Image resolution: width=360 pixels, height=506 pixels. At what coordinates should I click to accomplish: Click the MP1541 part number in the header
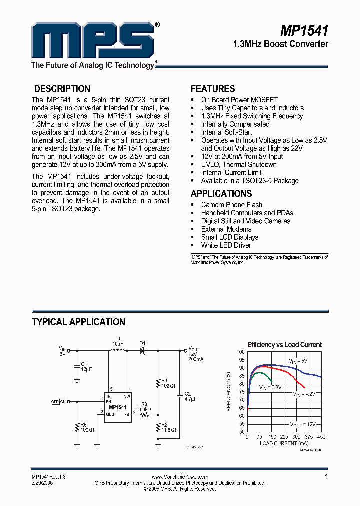pyautogui.click(x=304, y=31)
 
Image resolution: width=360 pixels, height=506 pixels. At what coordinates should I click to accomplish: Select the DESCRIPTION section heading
pyautogui.click(x=62, y=89)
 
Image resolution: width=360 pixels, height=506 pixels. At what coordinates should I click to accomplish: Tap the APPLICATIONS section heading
pyautogui.click(x=221, y=194)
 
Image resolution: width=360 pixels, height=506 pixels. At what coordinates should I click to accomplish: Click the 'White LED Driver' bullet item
pyautogui.click(x=226, y=245)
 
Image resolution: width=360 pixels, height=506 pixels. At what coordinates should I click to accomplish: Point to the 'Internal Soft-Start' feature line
pyautogui.click(x=226, y=132)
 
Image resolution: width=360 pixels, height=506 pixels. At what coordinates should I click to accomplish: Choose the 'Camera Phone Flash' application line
pyautogui.click(x=231, y=205)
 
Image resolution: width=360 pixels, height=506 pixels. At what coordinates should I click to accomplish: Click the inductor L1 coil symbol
pyautogui.click(x=117, y=351)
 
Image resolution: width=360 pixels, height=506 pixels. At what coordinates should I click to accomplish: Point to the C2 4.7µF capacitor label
pyautogui.click(x=188, y=397)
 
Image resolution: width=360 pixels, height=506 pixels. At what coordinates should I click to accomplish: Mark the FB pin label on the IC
pyautogui.click(x=127, y=414)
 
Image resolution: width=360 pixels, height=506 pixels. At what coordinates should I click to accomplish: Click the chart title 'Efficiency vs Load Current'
pyautogui.click(x=284, y=345)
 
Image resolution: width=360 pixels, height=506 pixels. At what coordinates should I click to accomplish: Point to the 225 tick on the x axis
pyautogui.click(x=284, y=437)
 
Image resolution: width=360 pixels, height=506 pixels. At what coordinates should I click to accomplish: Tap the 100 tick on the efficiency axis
pyautogui.click(x=241, y=352)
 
